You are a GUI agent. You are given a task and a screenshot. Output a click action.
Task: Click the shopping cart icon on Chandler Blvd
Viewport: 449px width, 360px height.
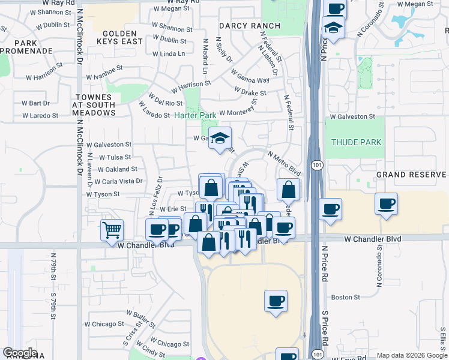(x=112, y=230)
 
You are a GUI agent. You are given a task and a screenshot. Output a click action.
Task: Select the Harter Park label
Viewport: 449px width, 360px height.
(x=195, y=115)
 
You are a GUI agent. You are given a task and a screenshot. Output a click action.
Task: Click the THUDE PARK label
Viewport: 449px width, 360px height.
(x=356, y=142)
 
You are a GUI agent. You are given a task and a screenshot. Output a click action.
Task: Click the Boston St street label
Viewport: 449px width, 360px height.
(x=345, y=297)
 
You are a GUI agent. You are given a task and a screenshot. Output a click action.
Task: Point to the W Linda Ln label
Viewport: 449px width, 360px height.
(x=168, y=54)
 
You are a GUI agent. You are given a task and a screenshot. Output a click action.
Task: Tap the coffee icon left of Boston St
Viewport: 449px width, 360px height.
(x=276, y=301)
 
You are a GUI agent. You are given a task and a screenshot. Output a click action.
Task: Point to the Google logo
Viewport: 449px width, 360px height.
(x=20, y=353)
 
